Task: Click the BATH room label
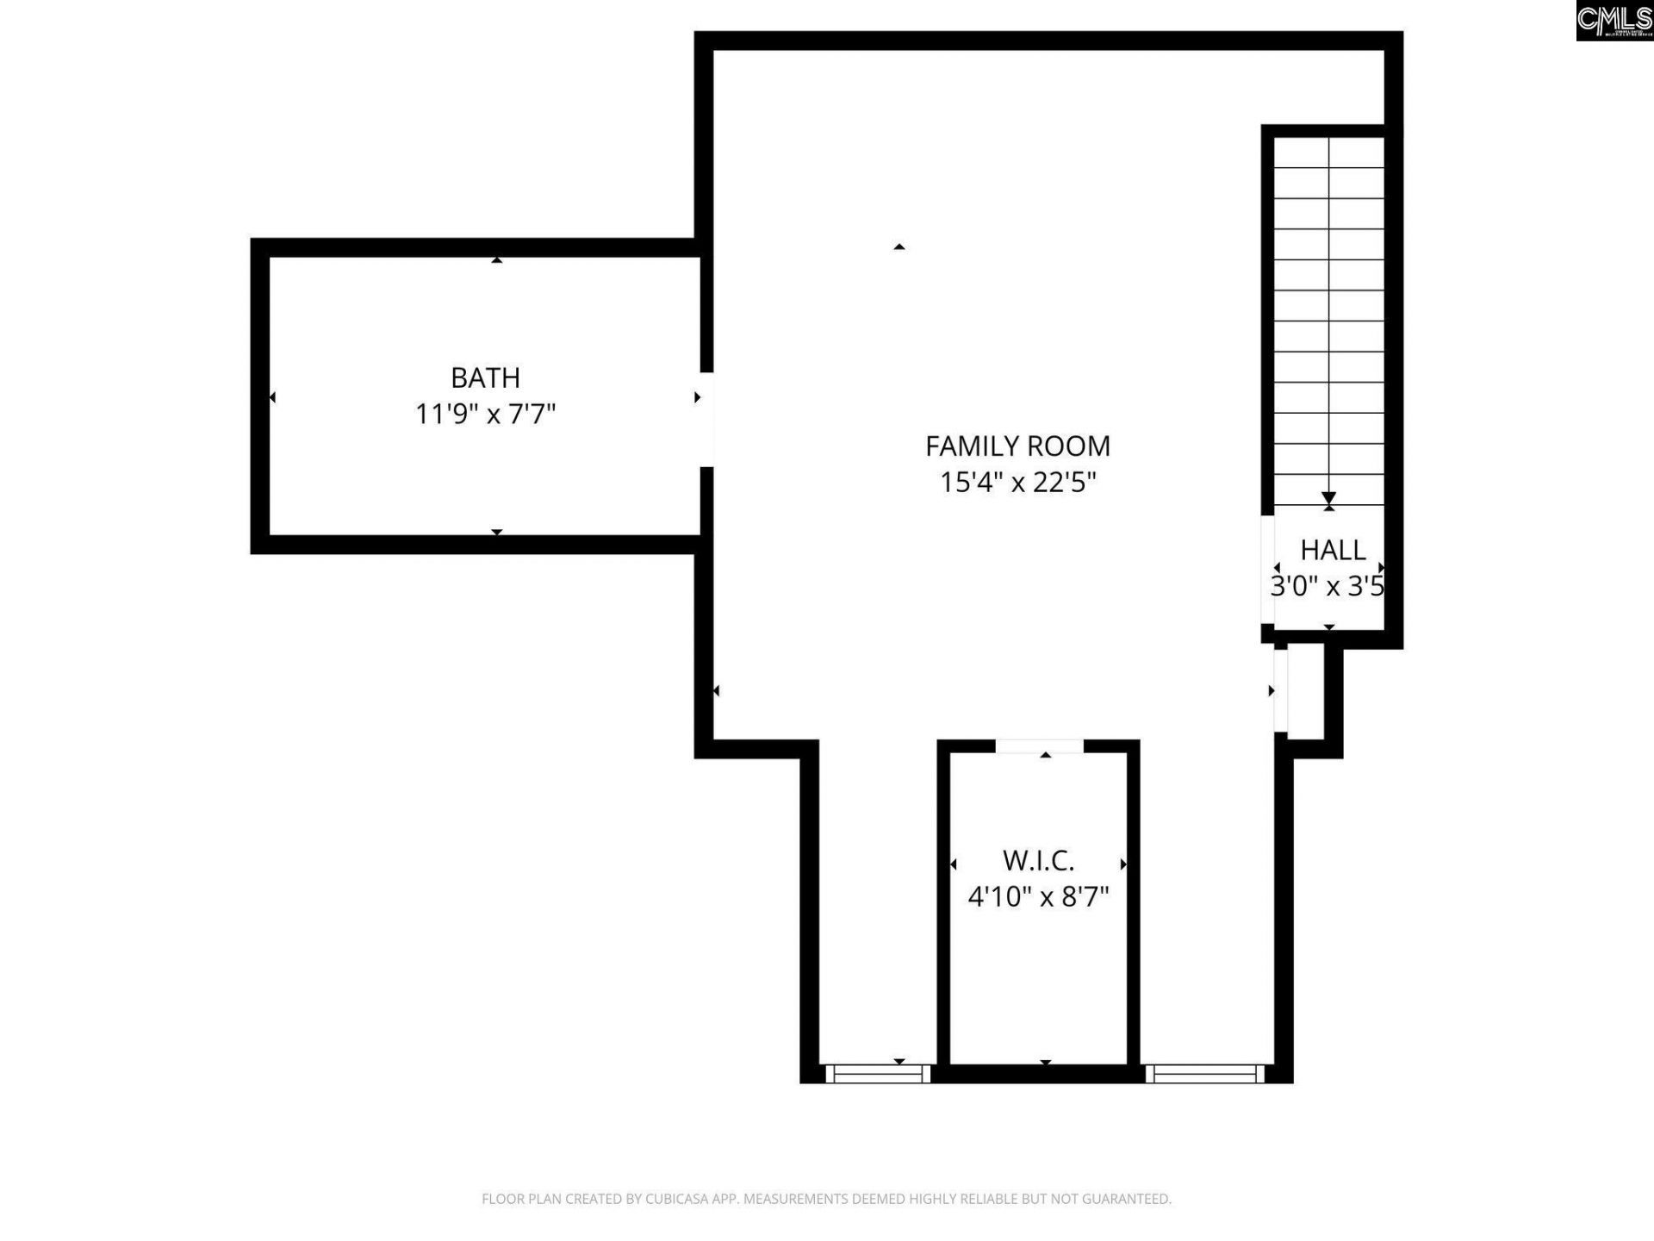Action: (x=485, y=377)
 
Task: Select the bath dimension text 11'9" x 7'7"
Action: (x=485, y=415)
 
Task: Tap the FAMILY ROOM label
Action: (x=1017, y=446)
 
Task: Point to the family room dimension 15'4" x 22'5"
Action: (x=1017, y=482)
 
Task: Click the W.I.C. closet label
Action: (x=1038, y=860)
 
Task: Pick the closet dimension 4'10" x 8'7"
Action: (x=1038, y=897)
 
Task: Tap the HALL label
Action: (x=1333, y=550)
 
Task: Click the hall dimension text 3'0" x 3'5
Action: (x=1327, y=587)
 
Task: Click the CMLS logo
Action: (x=1614, y=20)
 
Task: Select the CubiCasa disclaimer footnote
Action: (x=826, y=1199)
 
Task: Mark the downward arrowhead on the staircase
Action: (x=1328, y=498)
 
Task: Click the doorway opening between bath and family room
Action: (x=706, y=419)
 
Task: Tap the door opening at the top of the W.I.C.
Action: (x=1039, y=746)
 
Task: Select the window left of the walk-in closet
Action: (x=878, y=1073)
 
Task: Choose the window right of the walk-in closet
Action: (x=1203, y=1073)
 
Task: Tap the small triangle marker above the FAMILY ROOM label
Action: (x=899, y=247)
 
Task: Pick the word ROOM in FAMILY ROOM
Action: (x=1072, y=446)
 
